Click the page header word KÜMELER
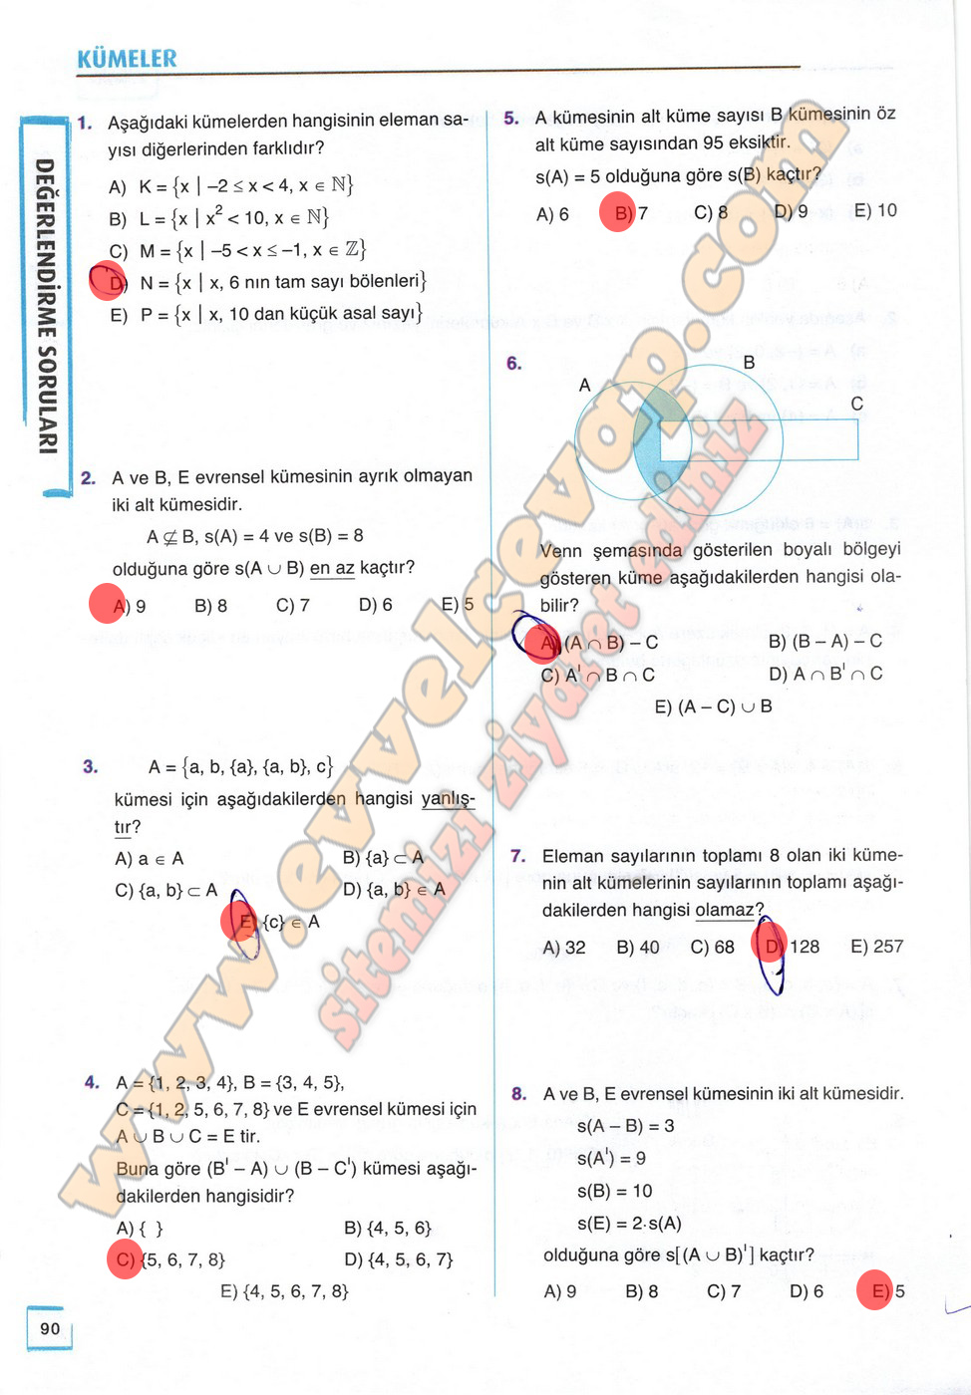pyautogui.click(x=127, y=59)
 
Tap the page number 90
pyautogui.click(x=50, y=1328)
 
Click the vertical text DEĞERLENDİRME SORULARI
pyautogui.click(x=46, y=306)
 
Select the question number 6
pyautogui.click(x=513, y=364)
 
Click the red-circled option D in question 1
pyautogui.click(x=109, y=282)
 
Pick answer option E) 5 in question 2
pyautogui.click(x=458, y=604)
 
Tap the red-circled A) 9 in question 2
pyautogui.click(x=108, y=604)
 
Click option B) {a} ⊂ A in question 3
pyautogui.click(x=383, y=857)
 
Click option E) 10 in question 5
pyautogui.click(x=875, y=210)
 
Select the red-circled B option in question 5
pyautogui.click(x=618, y=212)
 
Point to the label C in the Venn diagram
pyautogui.click(x=856, y=404)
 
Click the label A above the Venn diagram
pyautogui.click(x=584, y=385)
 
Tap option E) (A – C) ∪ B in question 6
pyautogui.click(x=713, y=706)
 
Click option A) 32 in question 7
pyautogui.click(x=563, y=947)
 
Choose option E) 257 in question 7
pyautogui.click(x=876, y=947)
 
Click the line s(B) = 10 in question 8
pyautogui.click(x=614, y=1191)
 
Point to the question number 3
pyautogui.click(x=90, y=766)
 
